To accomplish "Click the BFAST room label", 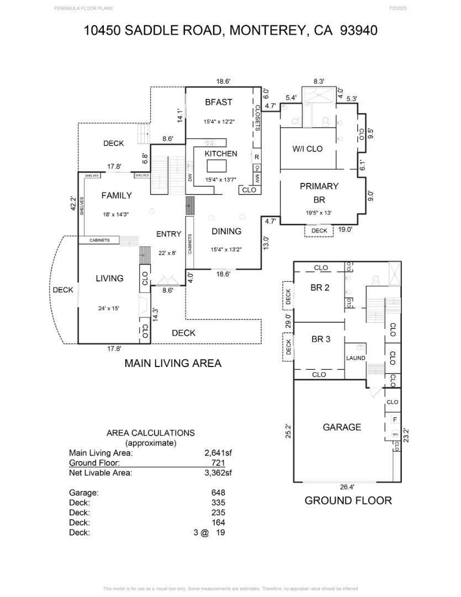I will click(219, 102).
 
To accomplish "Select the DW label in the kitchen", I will click(190, 179).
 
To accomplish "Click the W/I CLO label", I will click(307, 149).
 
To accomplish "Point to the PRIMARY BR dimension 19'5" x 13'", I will click(319, 212).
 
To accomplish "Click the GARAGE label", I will click(342, 427).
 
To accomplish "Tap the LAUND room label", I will click(356, 358).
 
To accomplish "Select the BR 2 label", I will click(320, 287).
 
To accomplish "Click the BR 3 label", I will click(320, 339).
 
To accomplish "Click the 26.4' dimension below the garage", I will click(347, 487).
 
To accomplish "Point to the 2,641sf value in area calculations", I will click(218, 453).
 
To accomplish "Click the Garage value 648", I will click(218, 493).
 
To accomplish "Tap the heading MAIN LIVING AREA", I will click(173, 363).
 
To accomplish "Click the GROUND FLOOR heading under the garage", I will click(348, 501).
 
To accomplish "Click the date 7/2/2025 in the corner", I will click(398, 8).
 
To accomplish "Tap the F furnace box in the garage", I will click(395, 420).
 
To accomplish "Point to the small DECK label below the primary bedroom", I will click(319, 231).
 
